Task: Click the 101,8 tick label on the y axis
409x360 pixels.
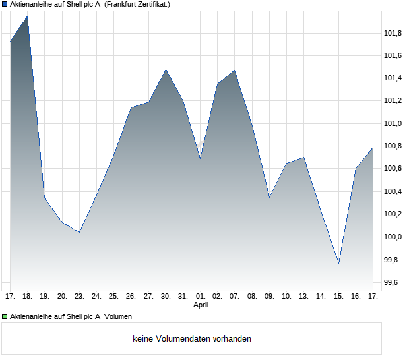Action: point(393,33)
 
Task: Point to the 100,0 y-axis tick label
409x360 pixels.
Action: point(393,237)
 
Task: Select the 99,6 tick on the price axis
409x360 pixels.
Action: point(393,282)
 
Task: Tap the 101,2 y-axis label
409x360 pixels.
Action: point(393,101)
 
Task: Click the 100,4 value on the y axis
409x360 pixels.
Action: point(393,191)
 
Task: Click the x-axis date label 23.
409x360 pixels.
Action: point(79,296)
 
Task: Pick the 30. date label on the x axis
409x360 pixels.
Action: point(166,296)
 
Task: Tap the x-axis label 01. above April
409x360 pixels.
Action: point(201,296)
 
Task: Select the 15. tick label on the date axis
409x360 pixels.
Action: point(338,296)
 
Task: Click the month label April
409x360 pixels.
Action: point(201,305)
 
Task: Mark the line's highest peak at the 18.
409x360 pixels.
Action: point(27,16)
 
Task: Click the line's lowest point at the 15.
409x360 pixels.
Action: point(338,263)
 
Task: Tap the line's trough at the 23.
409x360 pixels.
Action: point(79,232)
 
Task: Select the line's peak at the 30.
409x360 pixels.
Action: point(166,69)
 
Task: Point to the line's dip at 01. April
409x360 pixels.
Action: point(200,158)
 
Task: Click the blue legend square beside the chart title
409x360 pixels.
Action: point(5,4)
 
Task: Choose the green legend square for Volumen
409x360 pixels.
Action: point(5,316)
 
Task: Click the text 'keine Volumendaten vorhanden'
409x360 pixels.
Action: point(192,339)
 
